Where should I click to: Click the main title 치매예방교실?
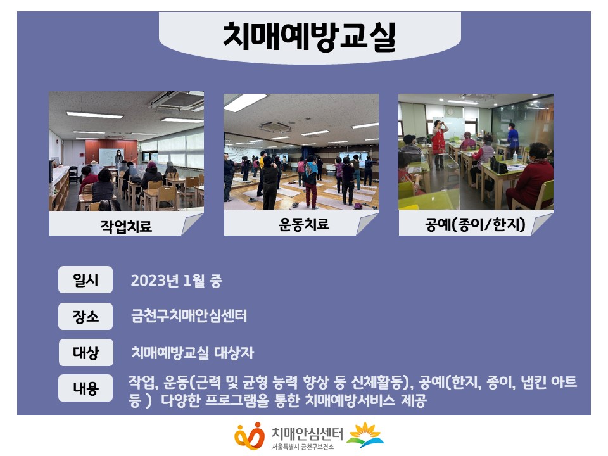309,37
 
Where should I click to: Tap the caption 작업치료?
126,227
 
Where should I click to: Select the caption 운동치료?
303,224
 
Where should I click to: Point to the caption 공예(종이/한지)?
475,224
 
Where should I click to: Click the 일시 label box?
85,279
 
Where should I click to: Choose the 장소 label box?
85,317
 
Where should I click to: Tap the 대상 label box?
86,353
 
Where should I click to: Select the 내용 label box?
85,388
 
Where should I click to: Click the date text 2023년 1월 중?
177,281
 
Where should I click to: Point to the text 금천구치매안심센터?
189,315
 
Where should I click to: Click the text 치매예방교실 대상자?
193,353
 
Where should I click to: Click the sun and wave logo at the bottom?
365,435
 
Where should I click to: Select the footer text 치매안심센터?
307,433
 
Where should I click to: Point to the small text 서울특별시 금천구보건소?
303,447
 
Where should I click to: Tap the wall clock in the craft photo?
450,111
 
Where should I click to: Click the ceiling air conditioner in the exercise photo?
275,126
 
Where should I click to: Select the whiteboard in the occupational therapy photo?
111,156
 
